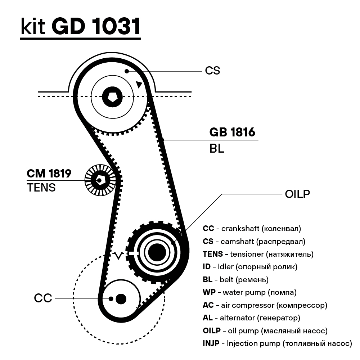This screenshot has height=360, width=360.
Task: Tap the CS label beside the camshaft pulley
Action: point(212,71)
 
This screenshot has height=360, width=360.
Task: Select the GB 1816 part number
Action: point(232,132)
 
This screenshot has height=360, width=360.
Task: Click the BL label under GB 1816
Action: point(217,148)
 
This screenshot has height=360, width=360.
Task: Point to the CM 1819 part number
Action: point(49,174)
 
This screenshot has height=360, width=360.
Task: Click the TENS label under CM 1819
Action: point(41,188)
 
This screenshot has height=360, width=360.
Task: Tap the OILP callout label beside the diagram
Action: point(297,194)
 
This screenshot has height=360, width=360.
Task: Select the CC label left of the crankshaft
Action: point(43,298)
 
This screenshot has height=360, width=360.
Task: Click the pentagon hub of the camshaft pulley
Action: point(112,96)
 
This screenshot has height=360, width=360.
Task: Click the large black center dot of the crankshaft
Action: point(121,298)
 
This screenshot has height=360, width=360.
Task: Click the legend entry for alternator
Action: point(251,318)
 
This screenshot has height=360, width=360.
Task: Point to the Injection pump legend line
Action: point(277,343)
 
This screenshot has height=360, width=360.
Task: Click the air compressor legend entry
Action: point(265,305)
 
